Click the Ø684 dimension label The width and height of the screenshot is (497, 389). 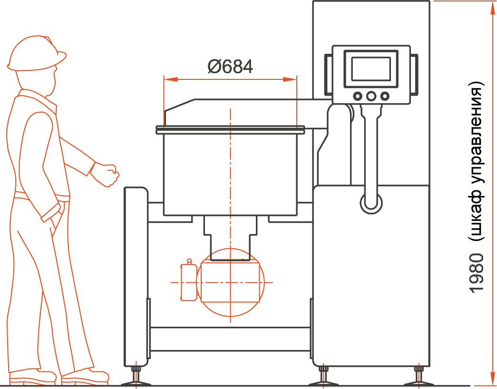[x=230, y=67]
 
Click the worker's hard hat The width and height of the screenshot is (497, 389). [x=37, y=53]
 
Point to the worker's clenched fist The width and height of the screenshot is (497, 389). [x=109, y=175]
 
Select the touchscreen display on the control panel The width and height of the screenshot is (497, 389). [x=371, y=69]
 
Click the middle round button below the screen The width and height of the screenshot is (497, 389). [x=371, y=96]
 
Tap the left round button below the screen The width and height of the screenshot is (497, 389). [x=358, y=96]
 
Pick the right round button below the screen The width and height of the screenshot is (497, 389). [x=384, y=96]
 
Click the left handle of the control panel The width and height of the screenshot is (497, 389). [x=328, y=75]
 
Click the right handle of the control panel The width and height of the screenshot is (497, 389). [x=414, y=75]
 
